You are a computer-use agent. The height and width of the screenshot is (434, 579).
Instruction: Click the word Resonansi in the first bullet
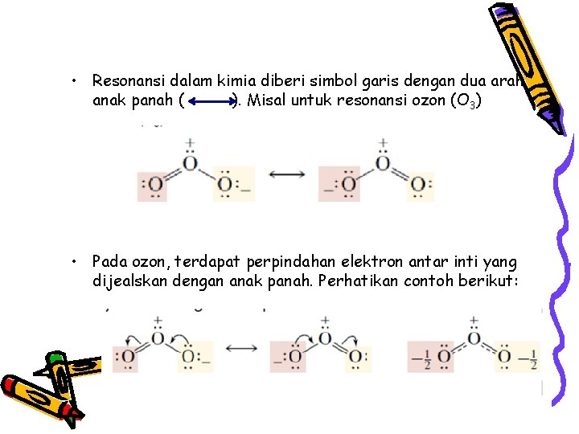coord(126,80)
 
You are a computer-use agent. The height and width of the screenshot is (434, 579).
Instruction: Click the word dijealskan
coord(129,282)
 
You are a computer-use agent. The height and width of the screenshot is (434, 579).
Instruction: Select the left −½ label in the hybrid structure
coord(418,356)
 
